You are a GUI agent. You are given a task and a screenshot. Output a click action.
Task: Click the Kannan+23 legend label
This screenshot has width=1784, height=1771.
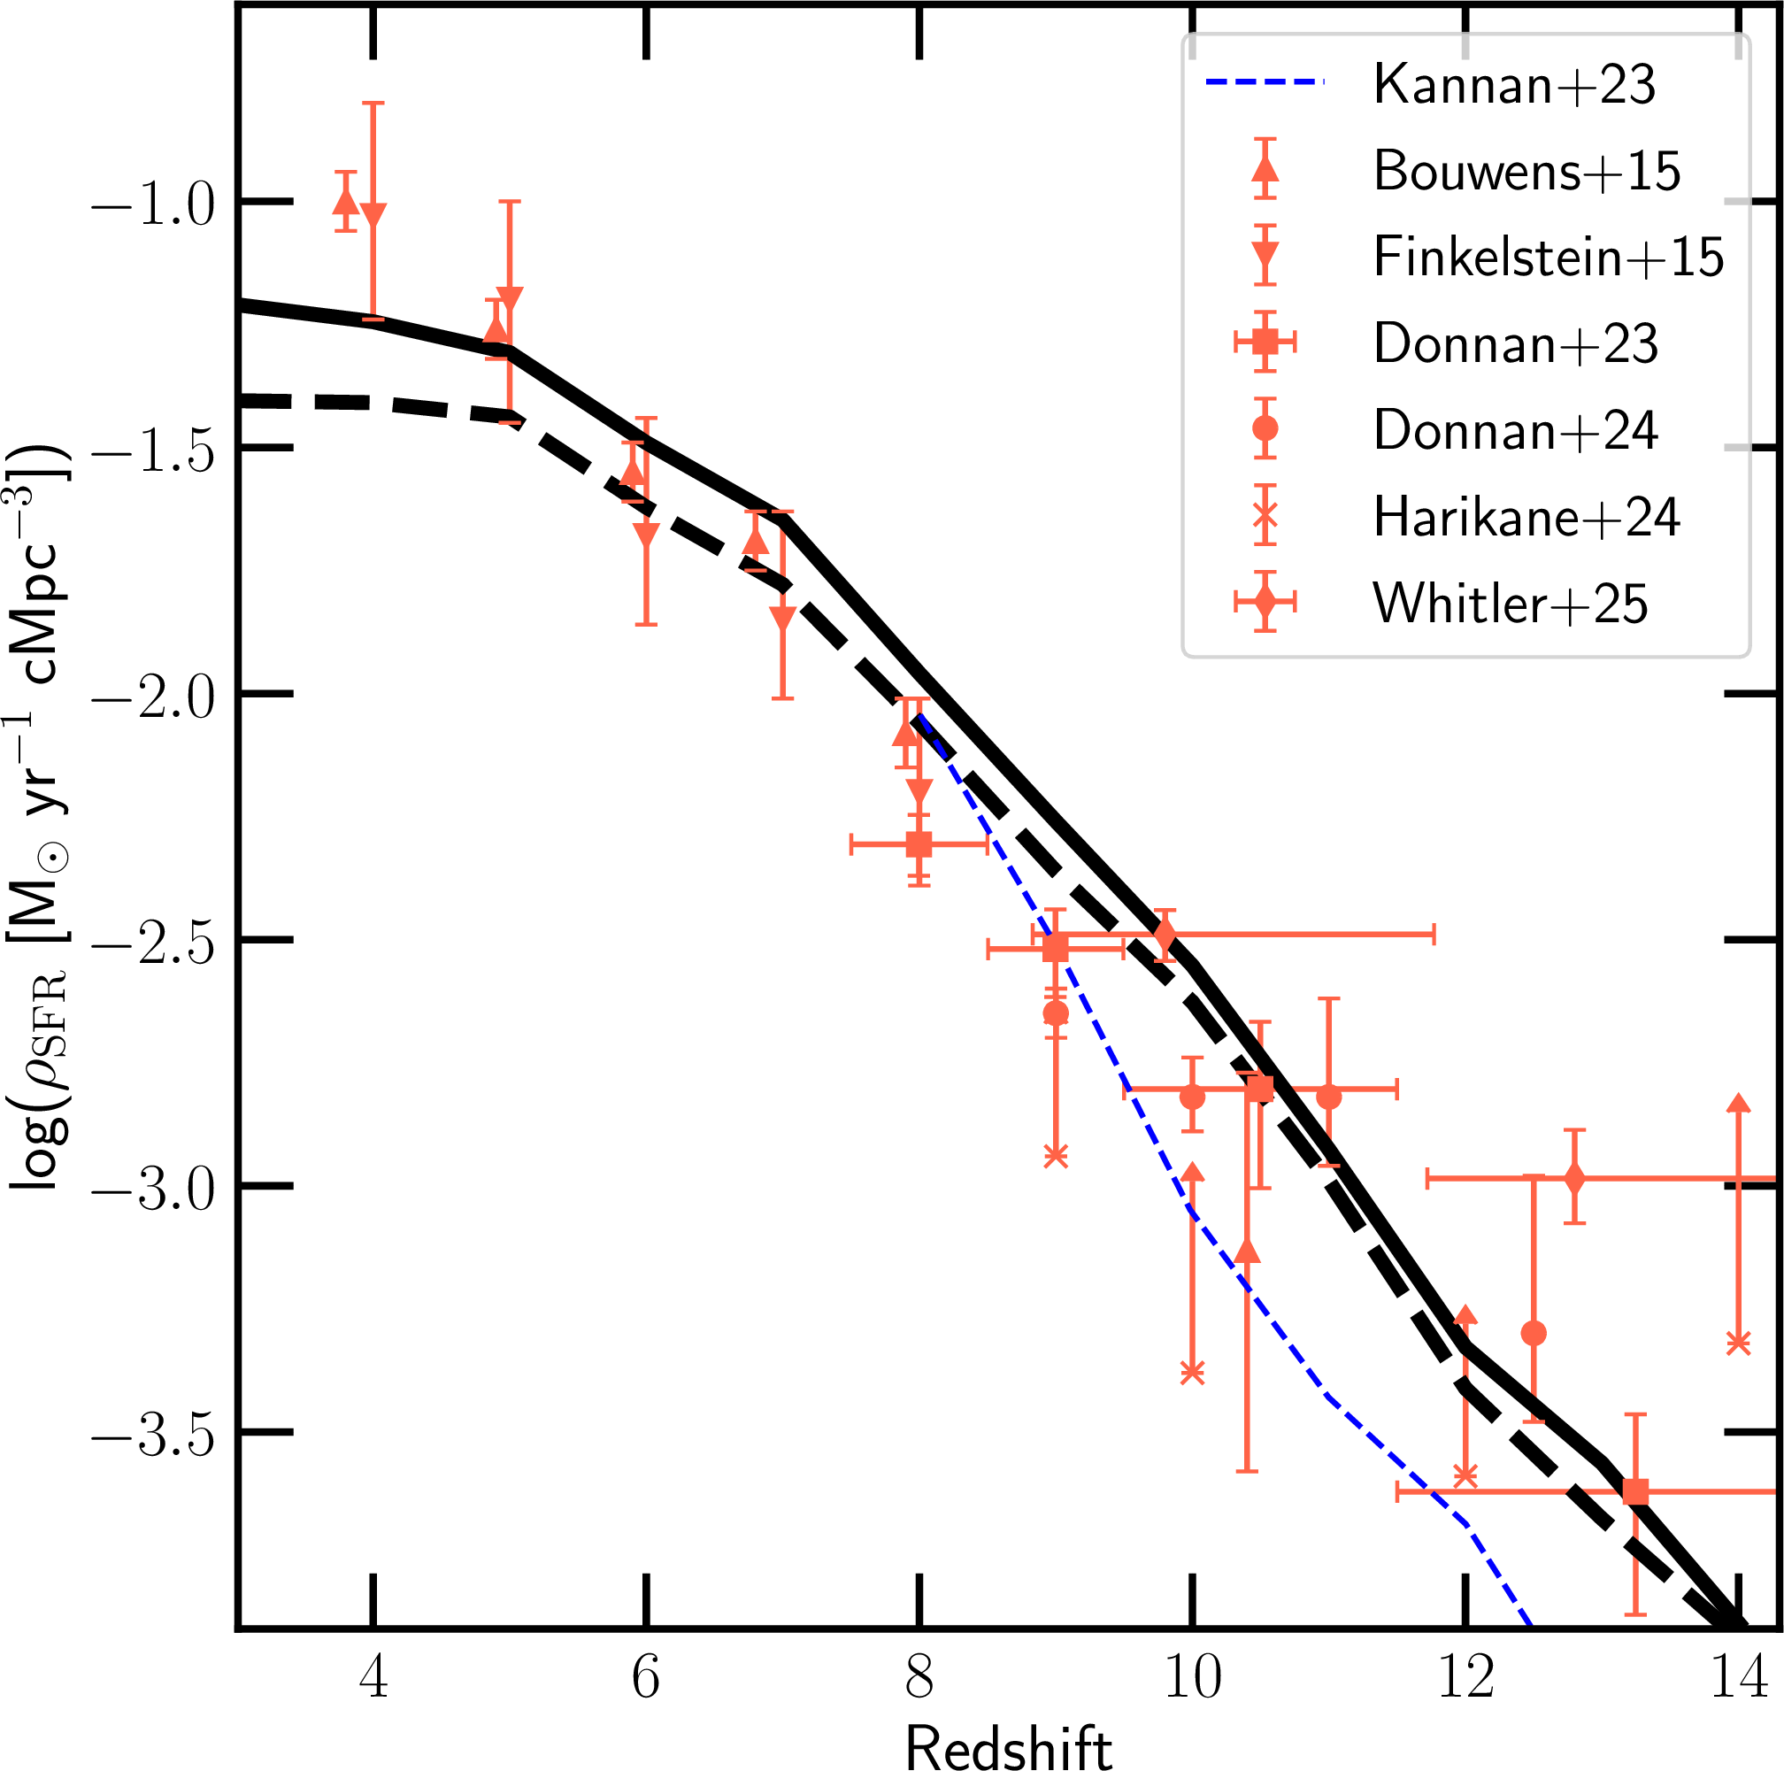pos(1514,85)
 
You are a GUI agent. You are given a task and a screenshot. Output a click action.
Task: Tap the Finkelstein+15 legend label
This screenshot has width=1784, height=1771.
pos(1549,257)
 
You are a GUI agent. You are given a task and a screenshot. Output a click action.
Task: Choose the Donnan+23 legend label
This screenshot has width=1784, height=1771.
pos(1515,343)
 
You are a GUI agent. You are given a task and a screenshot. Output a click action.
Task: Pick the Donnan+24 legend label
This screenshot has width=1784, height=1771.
pos(1515,430)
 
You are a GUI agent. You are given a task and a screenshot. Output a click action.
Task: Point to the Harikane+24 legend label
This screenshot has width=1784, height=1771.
pos(1526,516)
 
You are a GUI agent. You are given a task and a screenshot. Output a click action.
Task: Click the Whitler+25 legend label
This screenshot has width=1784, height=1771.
pos(1510,604)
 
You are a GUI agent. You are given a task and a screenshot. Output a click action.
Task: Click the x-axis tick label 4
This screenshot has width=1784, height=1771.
pos(373,1676)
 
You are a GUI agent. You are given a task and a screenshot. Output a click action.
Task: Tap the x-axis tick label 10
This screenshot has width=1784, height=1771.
pos(1192,1676)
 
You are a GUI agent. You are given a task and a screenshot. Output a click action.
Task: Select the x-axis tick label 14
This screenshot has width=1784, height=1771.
pos(1739,1676)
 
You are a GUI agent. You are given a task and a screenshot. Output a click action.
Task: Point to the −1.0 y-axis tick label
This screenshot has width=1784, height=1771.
pos(152,205)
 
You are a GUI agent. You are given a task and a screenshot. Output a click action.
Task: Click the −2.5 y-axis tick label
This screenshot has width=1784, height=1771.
pos(152,943)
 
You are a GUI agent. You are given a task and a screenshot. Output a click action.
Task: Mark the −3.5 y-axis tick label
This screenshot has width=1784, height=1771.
pos(152,1436)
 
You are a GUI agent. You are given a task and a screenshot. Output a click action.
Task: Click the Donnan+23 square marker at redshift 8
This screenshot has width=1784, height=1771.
pos(919,844)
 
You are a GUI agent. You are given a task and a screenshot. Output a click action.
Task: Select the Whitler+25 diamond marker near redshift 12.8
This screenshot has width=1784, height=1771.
pos(1575,1179)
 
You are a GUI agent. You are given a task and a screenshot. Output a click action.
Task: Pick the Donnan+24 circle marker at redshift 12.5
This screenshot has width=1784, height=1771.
pos(1534,1333)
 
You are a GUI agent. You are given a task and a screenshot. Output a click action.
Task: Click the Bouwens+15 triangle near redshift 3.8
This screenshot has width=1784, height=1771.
pos(345,202)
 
